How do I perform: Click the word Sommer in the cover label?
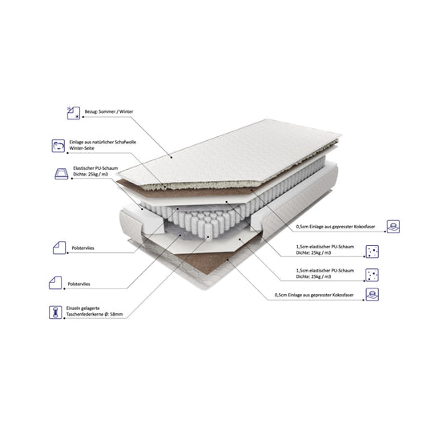tap(107, 111)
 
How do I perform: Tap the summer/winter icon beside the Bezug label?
tap(74, 113)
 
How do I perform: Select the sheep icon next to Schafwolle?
tap(58, 146)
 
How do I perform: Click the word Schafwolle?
tap(126, 142)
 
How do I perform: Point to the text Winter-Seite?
tap(82, 148)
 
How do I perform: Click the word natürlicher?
tap(102, 142)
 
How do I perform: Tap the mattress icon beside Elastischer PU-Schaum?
tap(62, 174)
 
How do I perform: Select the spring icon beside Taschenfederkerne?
tap(55, 312)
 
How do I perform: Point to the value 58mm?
tap(116, 314)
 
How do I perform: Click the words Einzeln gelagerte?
tap(83, 308)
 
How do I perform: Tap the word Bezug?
tap(91, 111)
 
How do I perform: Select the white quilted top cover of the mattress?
tap(229, 152)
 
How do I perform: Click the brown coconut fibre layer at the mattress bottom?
tap(207, 261)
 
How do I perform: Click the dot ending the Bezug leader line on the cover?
tap(171, 157)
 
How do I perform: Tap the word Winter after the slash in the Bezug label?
tap(126, 111)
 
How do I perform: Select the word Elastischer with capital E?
tap(83, 168)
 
